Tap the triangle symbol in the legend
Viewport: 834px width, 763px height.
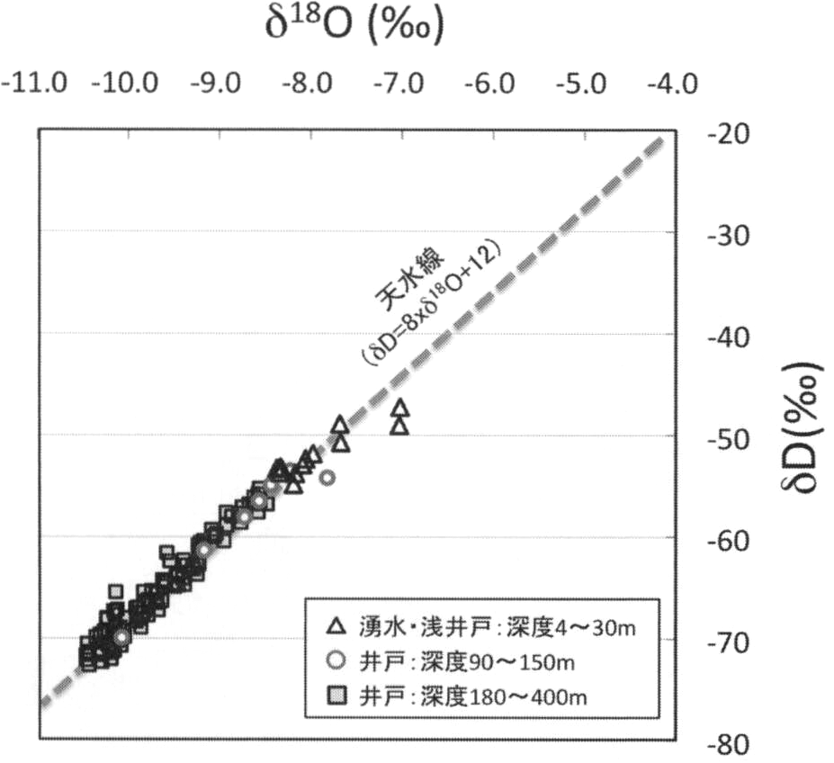tap(336, 625)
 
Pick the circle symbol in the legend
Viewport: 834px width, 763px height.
tap(336, 660)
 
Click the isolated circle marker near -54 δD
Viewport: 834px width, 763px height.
tap(327, 477)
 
